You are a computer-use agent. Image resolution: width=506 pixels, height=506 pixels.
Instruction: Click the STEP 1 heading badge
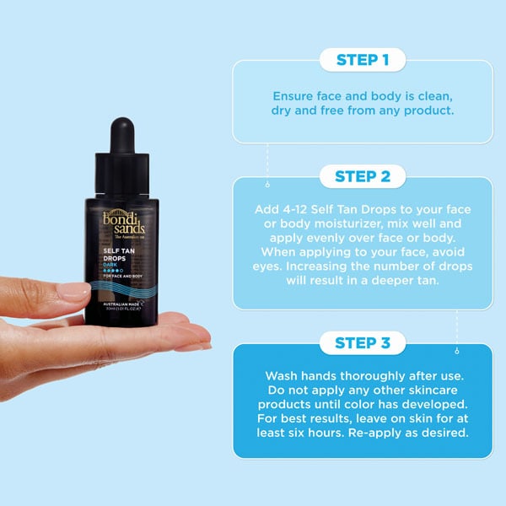point(362,60)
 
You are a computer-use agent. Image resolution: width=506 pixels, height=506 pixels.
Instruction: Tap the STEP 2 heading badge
point(362,176)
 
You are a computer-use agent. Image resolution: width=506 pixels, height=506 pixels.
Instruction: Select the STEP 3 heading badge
point(362,342)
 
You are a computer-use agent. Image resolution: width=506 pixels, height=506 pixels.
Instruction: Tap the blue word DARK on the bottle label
point(110,270)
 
